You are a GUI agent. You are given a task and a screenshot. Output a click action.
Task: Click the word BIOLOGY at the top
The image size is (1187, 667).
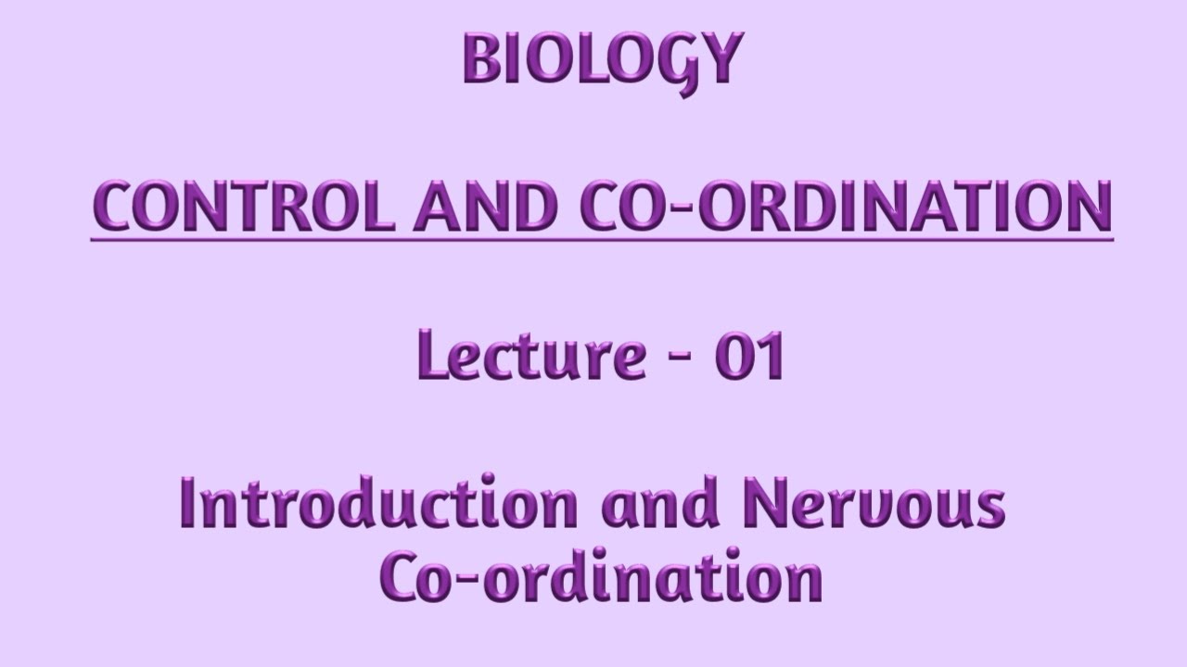tap(603, 61)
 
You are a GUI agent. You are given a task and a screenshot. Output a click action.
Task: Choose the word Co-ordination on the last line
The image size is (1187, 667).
tap(602, 578)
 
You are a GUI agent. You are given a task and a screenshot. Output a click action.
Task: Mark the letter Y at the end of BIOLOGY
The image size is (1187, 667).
tap(724, 61)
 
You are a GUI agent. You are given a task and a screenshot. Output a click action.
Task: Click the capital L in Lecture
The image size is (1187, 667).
tap(433, 356)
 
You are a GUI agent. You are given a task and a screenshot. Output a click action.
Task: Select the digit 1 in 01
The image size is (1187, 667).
tap(772, 358)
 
